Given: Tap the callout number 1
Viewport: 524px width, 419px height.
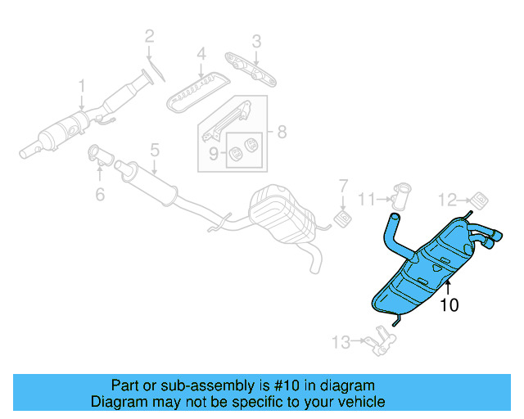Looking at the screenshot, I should pyautogui.click(x=81, y=85).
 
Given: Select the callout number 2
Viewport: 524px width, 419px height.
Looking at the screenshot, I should pyautogui.click(x=149, y=35).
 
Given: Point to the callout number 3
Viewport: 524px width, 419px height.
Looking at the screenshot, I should pyautogui.click(x=201, y=55).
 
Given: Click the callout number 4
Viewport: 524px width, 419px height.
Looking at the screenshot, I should pyautogui.click(x=154, y=149).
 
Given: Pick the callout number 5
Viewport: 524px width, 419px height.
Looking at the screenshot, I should pyautogui.click(x=99, y=194).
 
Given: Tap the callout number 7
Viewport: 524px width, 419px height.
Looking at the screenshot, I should pyautogui.click(x=281, y=131).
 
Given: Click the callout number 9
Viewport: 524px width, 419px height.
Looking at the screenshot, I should pyautogui.click(x=368, y=198).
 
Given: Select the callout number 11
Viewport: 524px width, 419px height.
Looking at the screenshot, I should pyautogui.click(x=445, y=199).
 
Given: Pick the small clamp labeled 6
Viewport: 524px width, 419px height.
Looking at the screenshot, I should pyautogui.click(x=96, y=155).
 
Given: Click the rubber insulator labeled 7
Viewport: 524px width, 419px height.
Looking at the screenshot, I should pyautogui.click(x=344, y=218).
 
